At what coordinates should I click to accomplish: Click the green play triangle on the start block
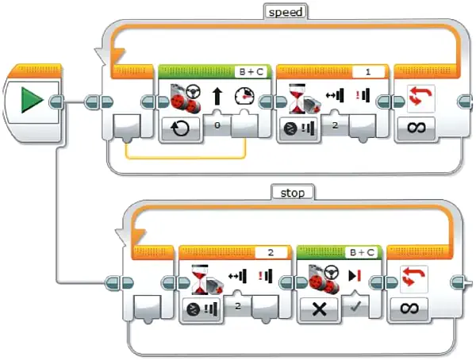tap(32, 100)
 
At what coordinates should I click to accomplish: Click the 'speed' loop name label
tap(286, 12)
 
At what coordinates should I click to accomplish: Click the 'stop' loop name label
tap(292, 193)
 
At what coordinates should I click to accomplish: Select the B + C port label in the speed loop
tap(251, 71)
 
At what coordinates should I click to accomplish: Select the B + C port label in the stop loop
tap(362, 252)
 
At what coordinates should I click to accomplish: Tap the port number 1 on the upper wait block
tap(368, 72)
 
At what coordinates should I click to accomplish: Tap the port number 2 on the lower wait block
tap(271, 252)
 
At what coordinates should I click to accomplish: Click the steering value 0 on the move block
tap(217, 124)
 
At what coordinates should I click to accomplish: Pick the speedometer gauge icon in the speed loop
tap(244, 97)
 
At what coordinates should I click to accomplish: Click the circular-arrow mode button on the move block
tap(180, 128)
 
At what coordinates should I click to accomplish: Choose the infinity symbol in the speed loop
tap(416, 128)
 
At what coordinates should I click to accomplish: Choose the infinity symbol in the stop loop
tap(409, 308)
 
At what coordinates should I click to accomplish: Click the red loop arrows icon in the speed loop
tap(420, 96)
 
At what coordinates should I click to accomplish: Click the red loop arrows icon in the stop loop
tap(414, 277)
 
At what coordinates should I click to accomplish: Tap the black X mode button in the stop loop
tap(319, 309)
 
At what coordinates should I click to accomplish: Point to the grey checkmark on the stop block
tap(355, 307)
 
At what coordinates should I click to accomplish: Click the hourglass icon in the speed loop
tap(297, 98)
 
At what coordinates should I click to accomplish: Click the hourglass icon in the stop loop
tap(200, 279)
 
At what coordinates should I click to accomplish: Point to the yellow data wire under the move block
tap(186, 158)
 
